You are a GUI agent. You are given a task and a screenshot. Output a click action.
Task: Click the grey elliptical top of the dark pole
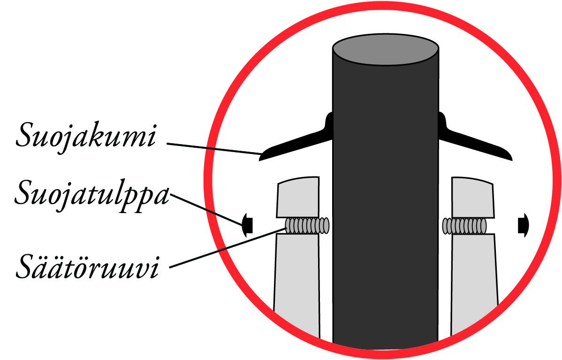(x=386, y=49)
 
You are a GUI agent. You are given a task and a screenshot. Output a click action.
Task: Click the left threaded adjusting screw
(x=307, y=226)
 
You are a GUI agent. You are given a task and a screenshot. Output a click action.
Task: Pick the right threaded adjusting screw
(x=464, y=226)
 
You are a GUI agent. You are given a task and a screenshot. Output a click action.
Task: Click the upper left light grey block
(x=298, y=197)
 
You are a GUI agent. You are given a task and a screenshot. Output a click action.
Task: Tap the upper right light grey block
(x=473, y=197)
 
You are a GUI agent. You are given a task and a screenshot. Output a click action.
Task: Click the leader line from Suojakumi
(x=214, y=149)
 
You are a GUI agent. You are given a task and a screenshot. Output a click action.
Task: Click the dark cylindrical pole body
(x=386, y=201)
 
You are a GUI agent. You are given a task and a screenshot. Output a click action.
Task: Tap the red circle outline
(x=205, y=179)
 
